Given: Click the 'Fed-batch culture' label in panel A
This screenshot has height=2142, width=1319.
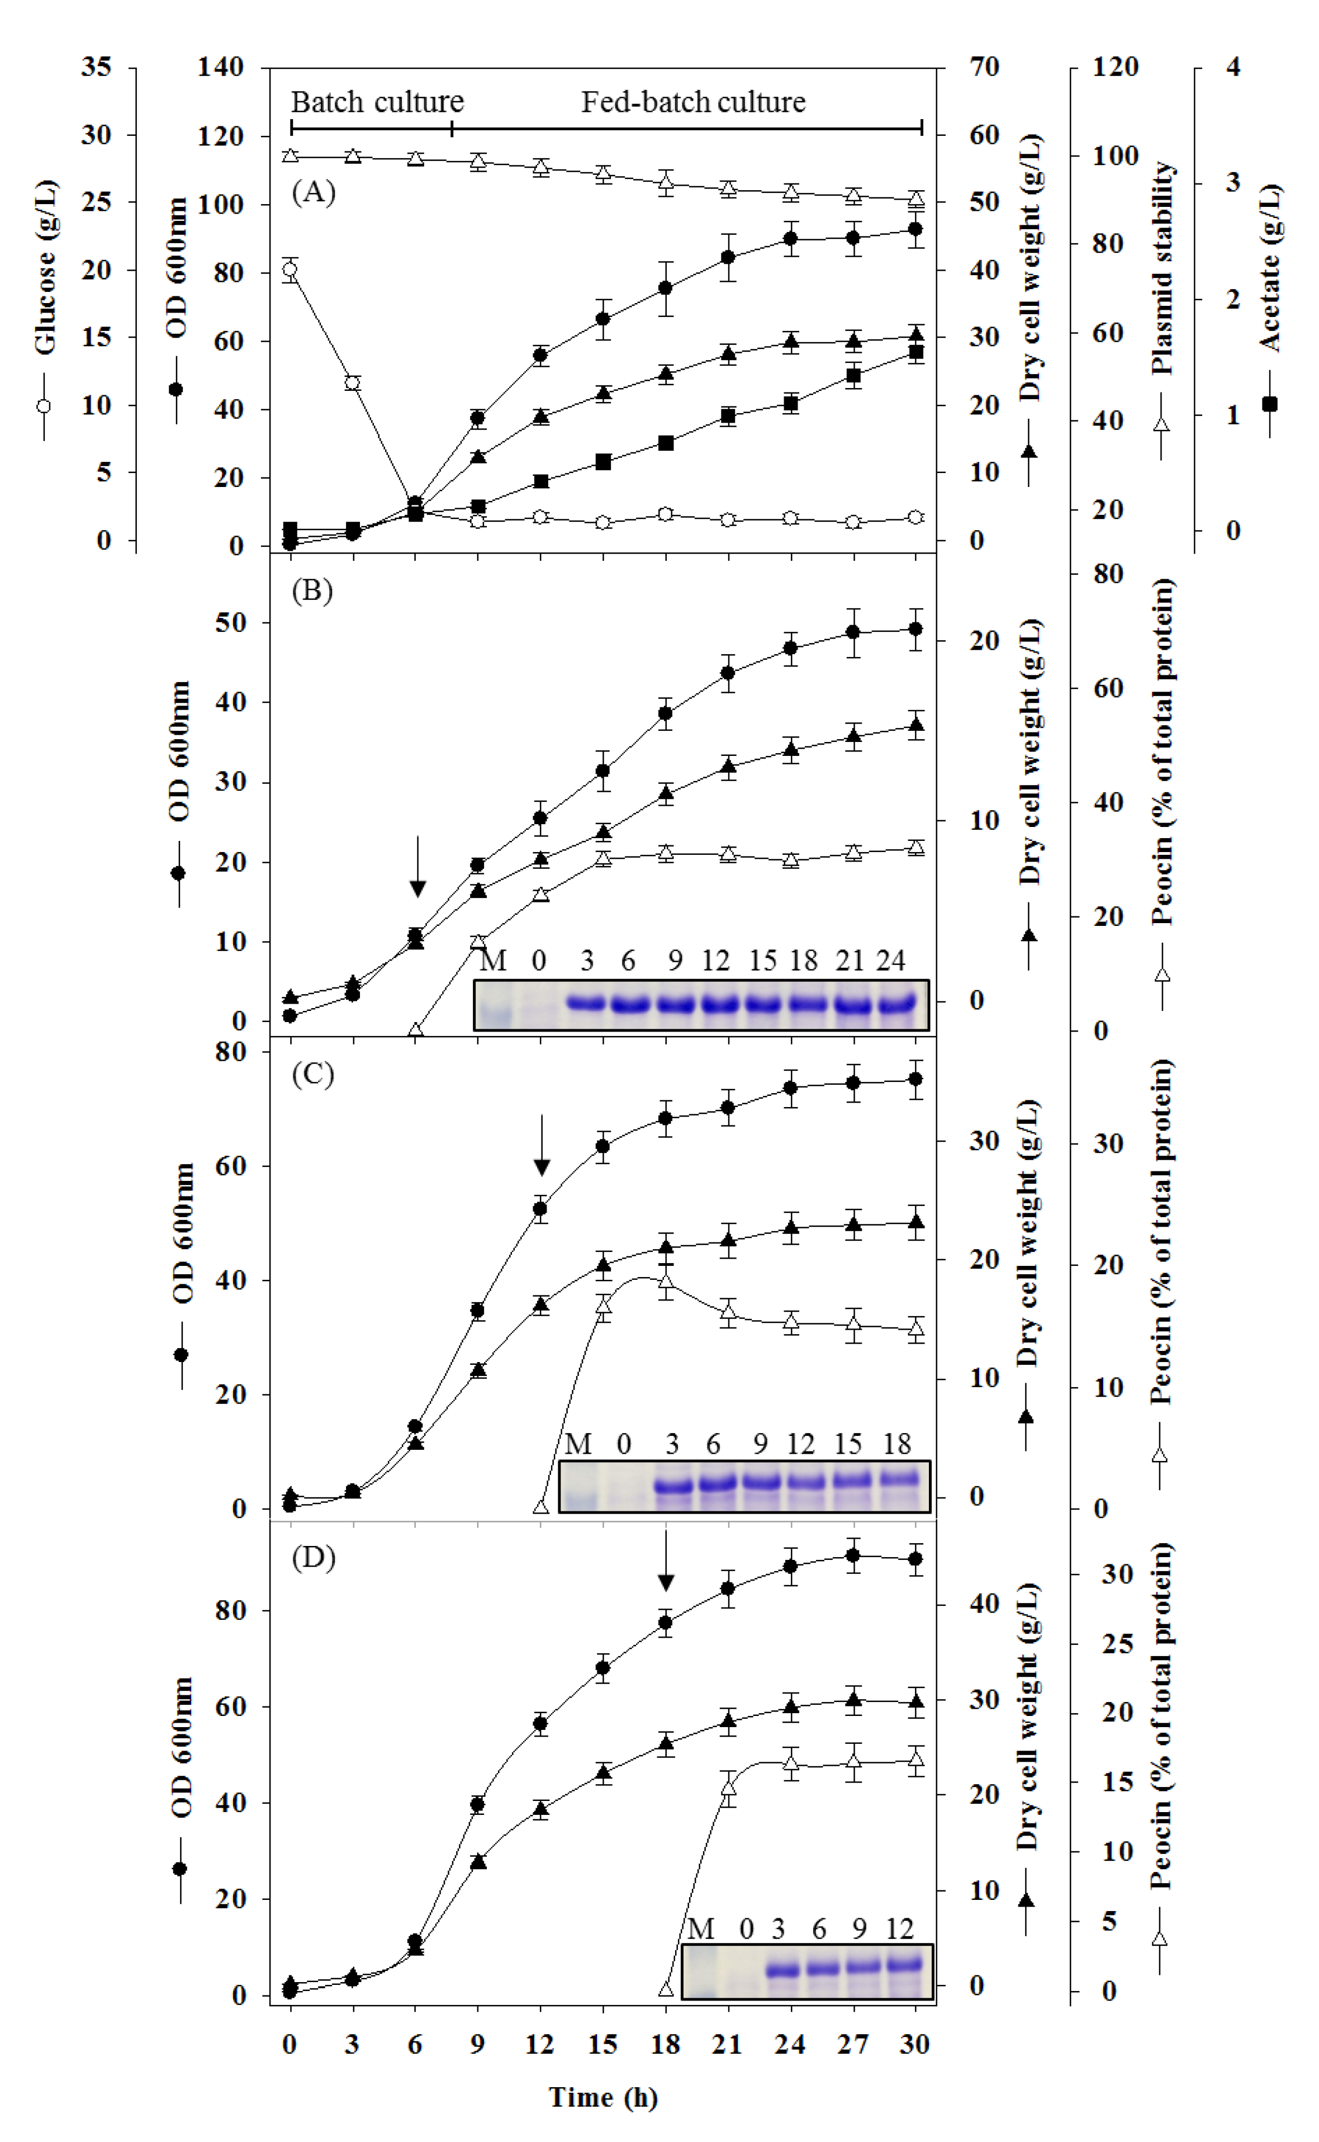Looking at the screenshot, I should pyautogui.click(x=694, y=102).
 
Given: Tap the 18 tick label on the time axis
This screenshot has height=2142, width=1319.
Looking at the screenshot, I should pyautogui.click(x=665, y=2044).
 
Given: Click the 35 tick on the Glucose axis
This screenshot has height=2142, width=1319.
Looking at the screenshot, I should pyautogui.click(x=96, y=67).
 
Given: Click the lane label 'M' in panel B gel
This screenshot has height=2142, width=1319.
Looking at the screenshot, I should pyautogui.click(x=494, y=961).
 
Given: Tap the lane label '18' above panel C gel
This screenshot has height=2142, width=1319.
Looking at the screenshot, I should pyautogui.click(x=897, y=1444).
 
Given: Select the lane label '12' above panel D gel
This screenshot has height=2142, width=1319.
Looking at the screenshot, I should pyautogui.click(x=899, y=1928).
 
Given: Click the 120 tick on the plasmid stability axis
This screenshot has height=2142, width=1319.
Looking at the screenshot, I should pyautogui.click(x=1115, y=67).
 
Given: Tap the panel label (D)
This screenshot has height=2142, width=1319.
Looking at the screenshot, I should pyautogui.click(x=313, y=1557).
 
